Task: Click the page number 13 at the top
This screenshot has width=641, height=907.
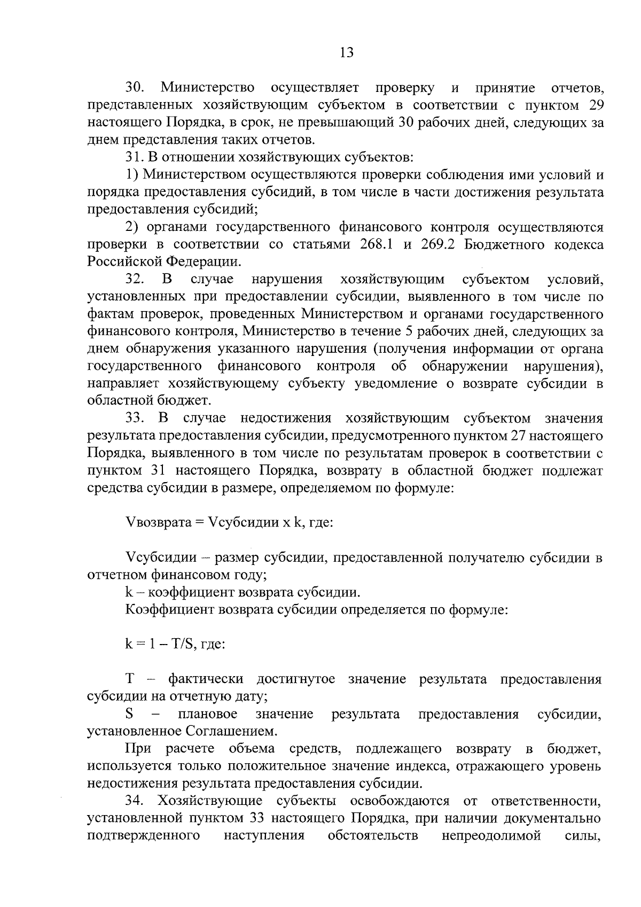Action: coord(346,52)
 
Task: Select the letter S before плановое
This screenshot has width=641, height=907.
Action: coord(129,715)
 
